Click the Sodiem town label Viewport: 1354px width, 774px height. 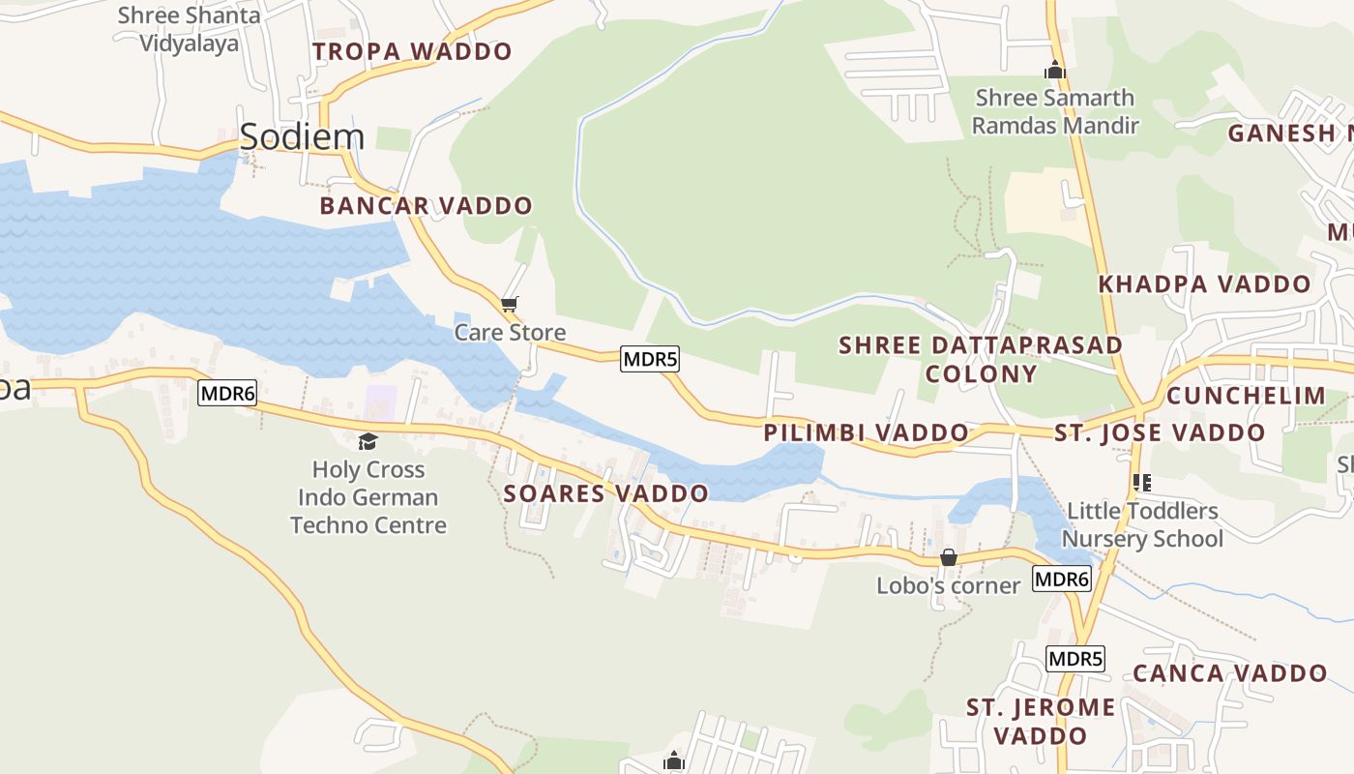pyautogui.click(x=302, y=136)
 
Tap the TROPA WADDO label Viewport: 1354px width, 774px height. pyautogui.click(x=412, y=51)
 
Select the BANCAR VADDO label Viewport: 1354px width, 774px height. pyautogui.click(x=426, y=205)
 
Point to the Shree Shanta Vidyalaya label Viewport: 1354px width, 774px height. pyautogui.click(x=189, y=29)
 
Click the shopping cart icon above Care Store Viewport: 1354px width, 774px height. pyautogui.click(x=510, y=305)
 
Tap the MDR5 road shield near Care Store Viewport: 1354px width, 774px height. pyautogui.click(x=650, y=359)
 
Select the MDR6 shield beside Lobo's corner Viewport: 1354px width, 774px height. pyautogui.click(x=1062, y=580)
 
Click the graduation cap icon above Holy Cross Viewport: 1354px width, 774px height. pyautogui.click(x=368, y=442)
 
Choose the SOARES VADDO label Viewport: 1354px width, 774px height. pyautogui.click(x=605, y=493)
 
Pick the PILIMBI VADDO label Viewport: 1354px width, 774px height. pyautogui.click(x=866, y=432)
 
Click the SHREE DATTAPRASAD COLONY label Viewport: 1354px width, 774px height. pyautogui.click(x=981, y=359)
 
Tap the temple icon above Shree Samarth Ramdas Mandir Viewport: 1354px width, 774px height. pyautogui.click(x=1055, y=71)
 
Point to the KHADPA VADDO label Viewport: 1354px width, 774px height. pyautogui.click(x=1204, y=284)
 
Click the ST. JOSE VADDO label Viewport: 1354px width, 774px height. pyautogui.click(x=1160, y=432)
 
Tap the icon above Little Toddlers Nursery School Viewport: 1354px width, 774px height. pyautogui.click(x=1142, y=482)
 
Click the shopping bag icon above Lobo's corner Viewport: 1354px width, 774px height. pyautogui.click(x=949, y=558)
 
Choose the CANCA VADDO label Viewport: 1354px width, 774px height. pyautogui.click(x=1229, y=673)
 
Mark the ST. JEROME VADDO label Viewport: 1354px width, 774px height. pyautogui.click(x=1041, y=722)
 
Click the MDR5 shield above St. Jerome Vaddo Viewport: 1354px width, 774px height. pyautogui.click(x=1075, y=659)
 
